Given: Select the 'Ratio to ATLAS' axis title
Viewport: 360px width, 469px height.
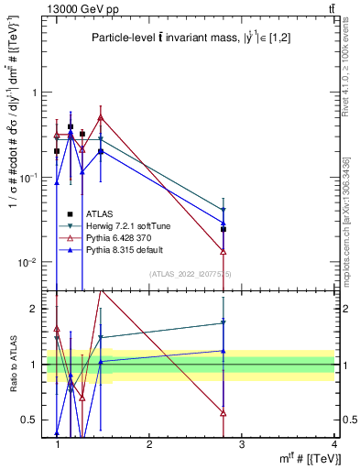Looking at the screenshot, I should (12, 365).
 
